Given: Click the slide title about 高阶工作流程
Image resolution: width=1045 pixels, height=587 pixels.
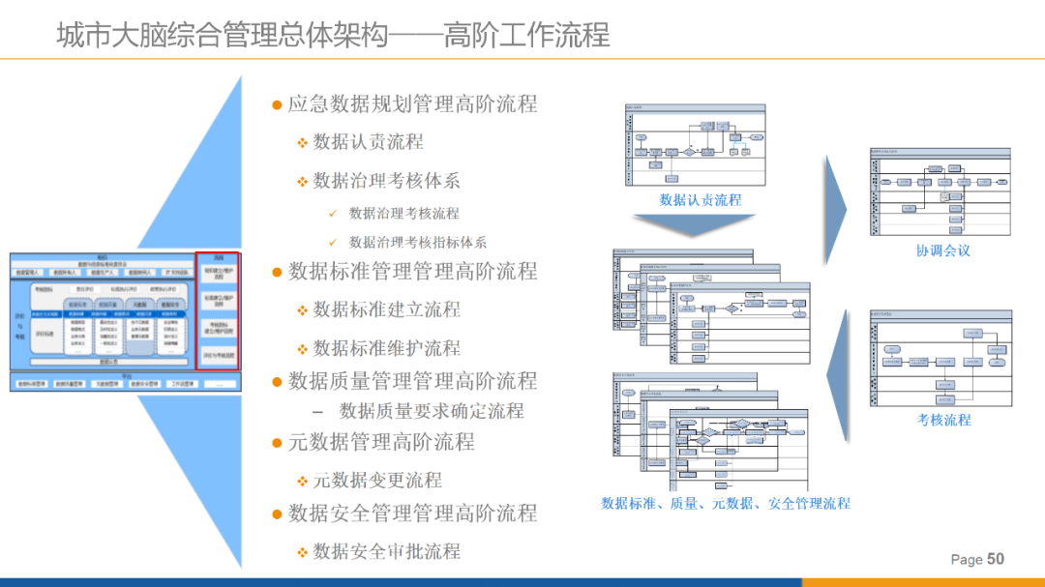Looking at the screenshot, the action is (333, 35).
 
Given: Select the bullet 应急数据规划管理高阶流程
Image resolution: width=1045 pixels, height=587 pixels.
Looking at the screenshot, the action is (412, 103).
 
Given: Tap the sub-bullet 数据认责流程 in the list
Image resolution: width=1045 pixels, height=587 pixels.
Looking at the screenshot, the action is (369, 142).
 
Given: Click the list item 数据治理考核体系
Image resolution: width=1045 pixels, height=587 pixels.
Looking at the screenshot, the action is (386, 180).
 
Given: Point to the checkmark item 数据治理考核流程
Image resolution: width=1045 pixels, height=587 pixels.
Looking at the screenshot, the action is (403, 213).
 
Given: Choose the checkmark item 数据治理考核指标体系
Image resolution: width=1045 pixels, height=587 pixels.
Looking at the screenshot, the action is (417, 243).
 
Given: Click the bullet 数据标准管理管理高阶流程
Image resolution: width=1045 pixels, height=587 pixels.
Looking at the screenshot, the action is (412, 271).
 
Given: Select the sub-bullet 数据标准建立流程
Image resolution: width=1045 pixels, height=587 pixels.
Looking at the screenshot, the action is (386, 309).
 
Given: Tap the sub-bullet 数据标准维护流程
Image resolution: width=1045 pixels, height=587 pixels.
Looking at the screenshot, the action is (386, 348).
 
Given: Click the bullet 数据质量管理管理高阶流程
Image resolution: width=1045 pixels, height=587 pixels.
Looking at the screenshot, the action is (412, 380).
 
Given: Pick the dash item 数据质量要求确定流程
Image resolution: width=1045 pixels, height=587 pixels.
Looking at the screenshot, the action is (431, 411).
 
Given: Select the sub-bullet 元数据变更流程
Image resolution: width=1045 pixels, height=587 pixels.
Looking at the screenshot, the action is (377, 480).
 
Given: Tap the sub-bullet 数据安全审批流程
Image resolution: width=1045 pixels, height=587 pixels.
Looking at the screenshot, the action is (386, 551).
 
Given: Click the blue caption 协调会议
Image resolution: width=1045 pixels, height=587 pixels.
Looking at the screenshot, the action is (942, 250).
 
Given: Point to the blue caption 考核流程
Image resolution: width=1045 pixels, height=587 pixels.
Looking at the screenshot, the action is (943, 420).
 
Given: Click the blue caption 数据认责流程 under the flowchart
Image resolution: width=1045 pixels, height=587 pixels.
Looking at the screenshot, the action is (700, 200).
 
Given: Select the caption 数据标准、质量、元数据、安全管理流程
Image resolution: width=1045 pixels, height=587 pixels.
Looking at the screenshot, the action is (726, 503).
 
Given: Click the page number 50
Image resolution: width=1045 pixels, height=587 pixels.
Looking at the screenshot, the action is (996, 559).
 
